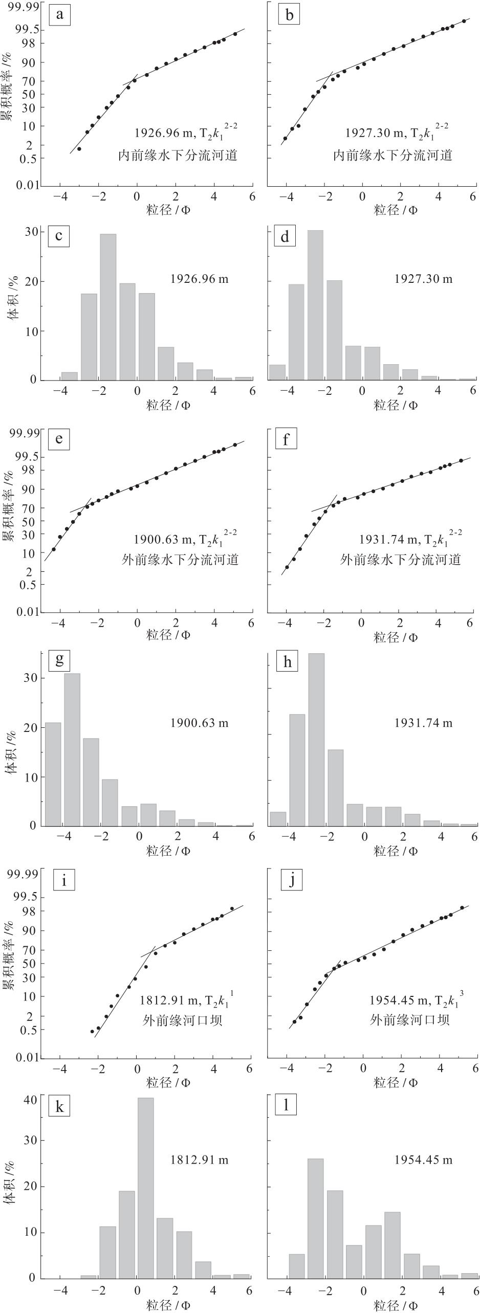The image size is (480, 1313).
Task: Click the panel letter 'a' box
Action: pos(60,15)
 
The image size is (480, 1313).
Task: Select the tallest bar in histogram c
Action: pos(108,307)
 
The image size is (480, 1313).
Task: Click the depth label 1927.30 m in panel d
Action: pos(423,279)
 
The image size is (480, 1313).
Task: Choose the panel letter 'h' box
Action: pos(287,662)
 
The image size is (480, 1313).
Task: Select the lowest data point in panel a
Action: pos(79,149)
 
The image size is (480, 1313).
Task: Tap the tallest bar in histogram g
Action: pos(72,749)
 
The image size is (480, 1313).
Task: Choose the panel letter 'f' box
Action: pos(287,439)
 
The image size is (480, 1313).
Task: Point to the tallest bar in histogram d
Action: pos(315,305)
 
